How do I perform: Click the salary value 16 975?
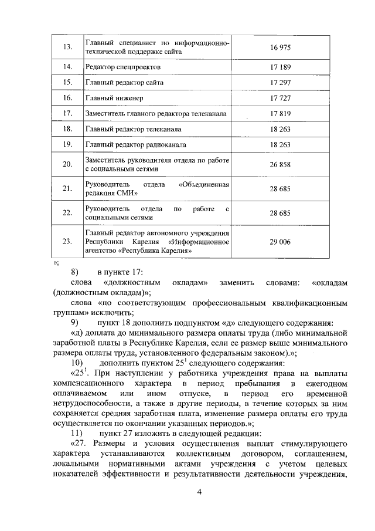[280, 47]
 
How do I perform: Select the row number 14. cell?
[67, 67]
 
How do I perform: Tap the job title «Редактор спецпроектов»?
[123, 67]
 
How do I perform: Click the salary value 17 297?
[280, 83]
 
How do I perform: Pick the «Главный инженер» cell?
[114, 98]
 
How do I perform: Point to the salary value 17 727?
[280, 98]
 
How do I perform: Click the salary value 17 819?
[280, 113]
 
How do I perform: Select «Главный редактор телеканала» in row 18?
[133, 128]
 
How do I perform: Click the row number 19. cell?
[67, 144]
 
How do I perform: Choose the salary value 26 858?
[280, 165]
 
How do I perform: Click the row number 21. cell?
[67, 189]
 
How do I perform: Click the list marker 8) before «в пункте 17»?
[74, 272]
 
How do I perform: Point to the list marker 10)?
[76, 363]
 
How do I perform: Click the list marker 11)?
[76, 434]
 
